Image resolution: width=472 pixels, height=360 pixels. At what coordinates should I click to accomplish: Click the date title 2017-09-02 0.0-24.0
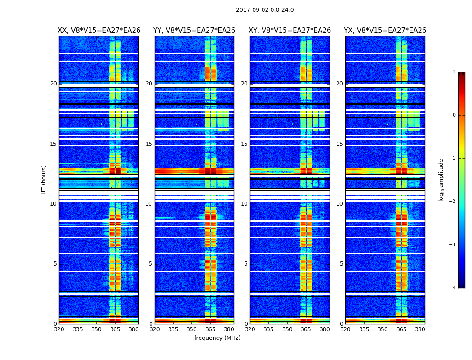click(265, 10)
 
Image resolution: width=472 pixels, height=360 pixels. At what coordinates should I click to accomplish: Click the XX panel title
click(99, 31)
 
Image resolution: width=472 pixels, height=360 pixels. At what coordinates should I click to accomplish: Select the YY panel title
click(194, 31)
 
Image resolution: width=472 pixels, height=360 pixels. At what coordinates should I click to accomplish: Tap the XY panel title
click(290, 31)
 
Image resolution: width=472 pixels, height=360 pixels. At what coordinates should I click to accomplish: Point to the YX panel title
click(385, 31)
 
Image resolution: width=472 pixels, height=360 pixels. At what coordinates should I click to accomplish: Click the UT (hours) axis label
click(44, 180)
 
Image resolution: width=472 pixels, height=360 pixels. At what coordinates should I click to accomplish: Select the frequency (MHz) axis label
click(217, 338)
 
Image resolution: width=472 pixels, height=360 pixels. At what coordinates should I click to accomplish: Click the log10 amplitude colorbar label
click(441, 180)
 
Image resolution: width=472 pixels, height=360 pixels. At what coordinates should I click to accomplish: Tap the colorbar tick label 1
click(454, 72)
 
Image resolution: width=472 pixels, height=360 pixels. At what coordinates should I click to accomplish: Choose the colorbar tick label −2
click(453, 202)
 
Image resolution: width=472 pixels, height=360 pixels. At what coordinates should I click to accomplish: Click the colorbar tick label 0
click(454, 115)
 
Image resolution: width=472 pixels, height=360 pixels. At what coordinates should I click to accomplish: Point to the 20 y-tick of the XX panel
click(53, 84)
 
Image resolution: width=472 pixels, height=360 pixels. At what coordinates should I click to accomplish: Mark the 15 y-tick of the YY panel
click(149, 144)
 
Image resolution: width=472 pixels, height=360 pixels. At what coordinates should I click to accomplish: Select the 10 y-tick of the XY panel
click(244, 204)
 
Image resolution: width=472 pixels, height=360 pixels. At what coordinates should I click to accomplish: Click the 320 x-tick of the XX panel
click(59, 329)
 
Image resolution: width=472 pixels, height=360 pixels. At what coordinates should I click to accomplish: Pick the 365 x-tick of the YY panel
click(210, 329)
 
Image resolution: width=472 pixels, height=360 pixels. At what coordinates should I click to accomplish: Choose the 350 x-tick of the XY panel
click(287, 329)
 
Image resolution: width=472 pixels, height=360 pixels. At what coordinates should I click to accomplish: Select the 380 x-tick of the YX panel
click(420, 329)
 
